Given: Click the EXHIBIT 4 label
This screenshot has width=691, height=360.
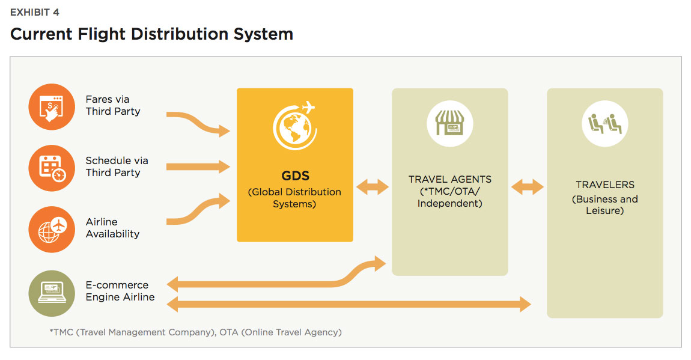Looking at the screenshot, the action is coord(34,13).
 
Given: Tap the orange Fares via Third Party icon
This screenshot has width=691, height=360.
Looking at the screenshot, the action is coord(52,106).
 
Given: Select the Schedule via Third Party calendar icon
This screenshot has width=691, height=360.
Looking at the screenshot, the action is coord(52,168).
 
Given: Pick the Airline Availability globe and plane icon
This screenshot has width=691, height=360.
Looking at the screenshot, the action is coord(52,229).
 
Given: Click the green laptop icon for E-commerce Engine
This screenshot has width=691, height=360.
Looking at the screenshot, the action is coord(52,293).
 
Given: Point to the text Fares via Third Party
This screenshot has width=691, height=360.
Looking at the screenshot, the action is coord(113,105).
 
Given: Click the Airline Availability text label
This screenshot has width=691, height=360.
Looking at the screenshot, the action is coord(112,228).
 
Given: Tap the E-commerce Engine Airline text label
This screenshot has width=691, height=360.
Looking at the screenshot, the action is coord(120,291).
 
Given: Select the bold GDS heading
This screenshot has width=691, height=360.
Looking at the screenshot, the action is coord(295,176).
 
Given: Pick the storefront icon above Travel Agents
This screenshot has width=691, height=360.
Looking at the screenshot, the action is coord(449,123).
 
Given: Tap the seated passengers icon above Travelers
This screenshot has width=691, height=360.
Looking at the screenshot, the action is coord(604,123).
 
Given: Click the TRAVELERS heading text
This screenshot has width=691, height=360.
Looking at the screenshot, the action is coord(605,185).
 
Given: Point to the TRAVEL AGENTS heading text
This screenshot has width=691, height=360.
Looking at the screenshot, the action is coord(450,179).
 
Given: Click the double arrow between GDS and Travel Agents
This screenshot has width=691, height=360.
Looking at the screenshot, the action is coord(373,187).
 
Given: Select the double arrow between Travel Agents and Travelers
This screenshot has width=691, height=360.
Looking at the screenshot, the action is coord(528,187).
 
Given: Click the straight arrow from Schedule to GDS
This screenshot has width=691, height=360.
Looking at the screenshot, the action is coord(198,166).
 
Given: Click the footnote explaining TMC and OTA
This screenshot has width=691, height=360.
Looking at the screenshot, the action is coord(196,332).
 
